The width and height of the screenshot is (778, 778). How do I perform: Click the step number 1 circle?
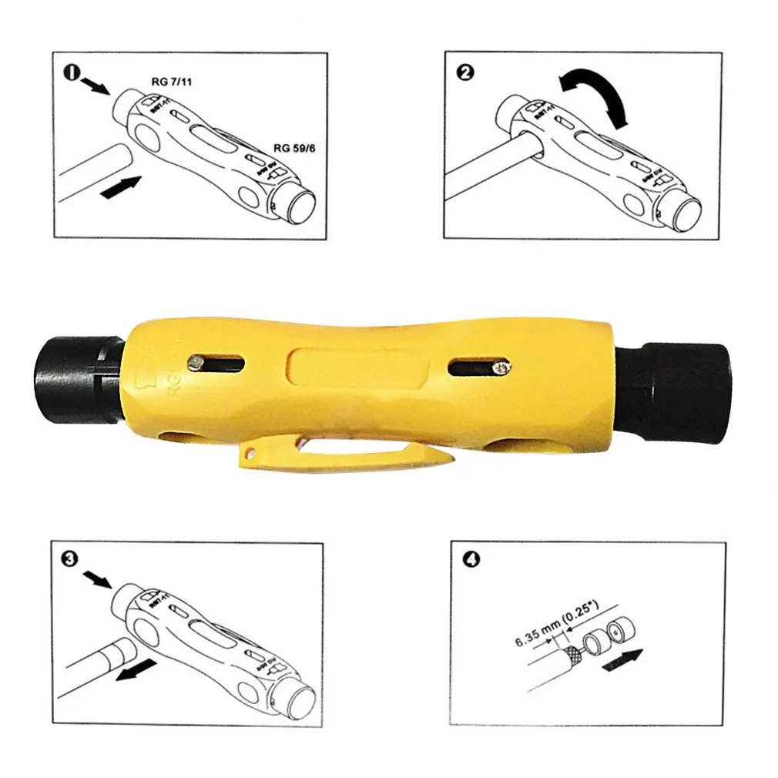click(71, 75)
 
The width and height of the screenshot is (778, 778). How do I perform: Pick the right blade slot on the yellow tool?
click(478, 368)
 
